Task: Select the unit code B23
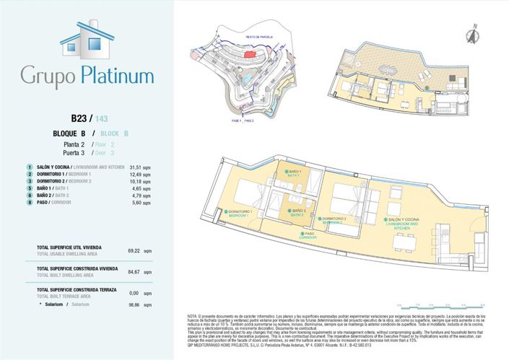coord(79,118)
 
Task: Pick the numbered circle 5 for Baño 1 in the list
coord(29,188)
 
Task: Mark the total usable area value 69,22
coord(134,250)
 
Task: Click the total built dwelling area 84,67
coord(134,271)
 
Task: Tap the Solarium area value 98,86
coord(134,305)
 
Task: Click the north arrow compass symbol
coord(474,32)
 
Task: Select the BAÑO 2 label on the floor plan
coord(295,212)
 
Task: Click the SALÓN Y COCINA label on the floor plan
coord(404,221)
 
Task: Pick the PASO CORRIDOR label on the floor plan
coord(308,234)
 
